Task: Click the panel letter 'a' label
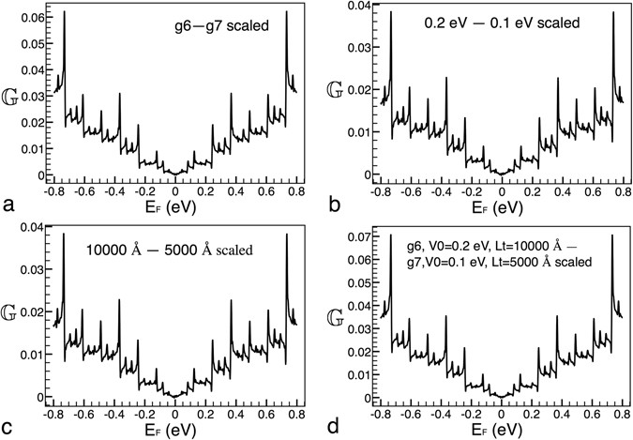[8, 202]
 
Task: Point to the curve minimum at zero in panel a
[175, 174]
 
